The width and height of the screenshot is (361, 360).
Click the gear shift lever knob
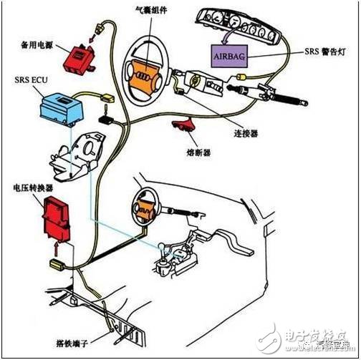click(163, 248)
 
